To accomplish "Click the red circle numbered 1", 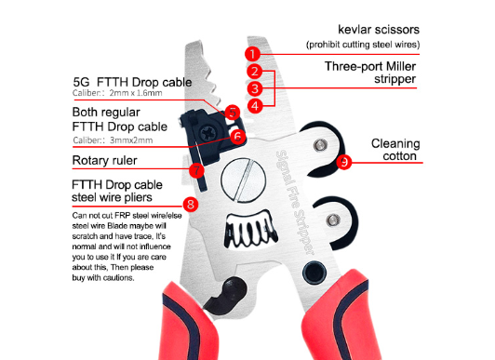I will pos(252,54).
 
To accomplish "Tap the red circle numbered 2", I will pos(254,72).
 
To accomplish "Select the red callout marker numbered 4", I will pos(255,106).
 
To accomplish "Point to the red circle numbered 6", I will pos(235,135).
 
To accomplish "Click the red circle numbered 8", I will pos(191,203).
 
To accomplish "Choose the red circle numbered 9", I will pos(345,162).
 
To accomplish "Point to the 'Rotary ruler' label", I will pos(109,161).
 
